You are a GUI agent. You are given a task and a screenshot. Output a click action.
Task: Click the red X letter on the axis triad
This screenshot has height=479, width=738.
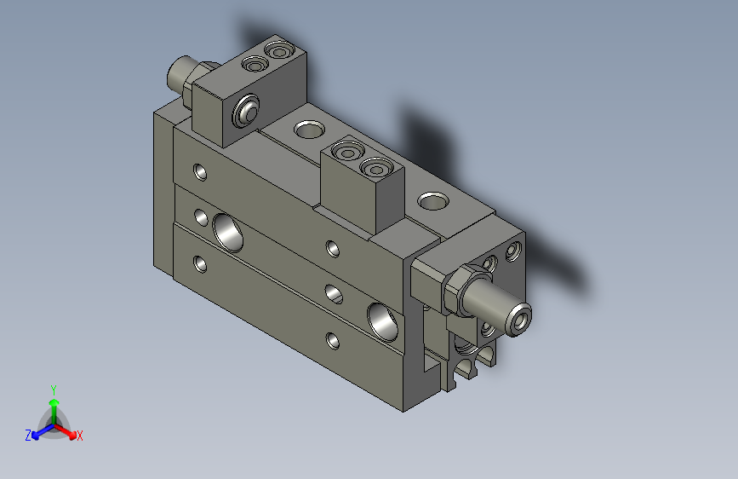click(80, 436)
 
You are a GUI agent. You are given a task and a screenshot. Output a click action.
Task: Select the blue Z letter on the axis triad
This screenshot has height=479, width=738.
click(28, 435)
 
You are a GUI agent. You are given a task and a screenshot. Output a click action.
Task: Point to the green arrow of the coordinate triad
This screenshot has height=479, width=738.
click(53, 406)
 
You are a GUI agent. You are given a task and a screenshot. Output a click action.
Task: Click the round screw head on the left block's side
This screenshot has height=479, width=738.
click(248, 112)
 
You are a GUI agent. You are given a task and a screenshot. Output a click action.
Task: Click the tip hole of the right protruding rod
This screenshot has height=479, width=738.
click(521, 319)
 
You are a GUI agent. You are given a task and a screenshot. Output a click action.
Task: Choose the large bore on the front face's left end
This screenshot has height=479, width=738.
click(227, 230)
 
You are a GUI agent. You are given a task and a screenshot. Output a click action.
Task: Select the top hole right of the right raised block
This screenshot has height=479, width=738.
click(432, 202)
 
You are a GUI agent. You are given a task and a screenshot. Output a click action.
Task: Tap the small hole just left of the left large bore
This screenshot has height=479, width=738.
click(202, 216)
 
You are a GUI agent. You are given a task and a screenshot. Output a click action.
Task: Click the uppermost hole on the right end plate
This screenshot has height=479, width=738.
click(512, 251)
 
